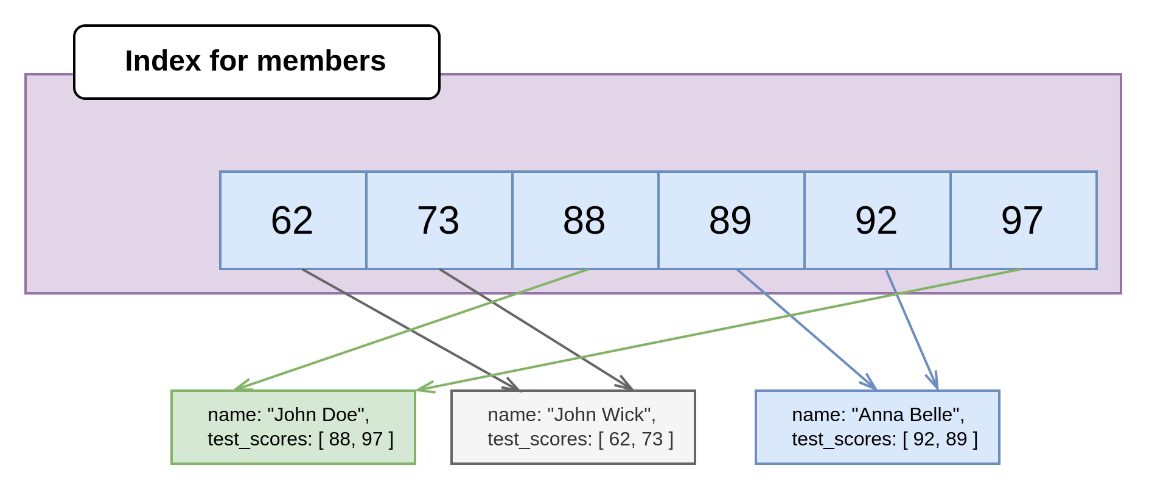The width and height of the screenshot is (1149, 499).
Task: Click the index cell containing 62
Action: (x=293, y=220)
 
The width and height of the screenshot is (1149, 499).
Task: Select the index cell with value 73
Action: (x=439, y=220)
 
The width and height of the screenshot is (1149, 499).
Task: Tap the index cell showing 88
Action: (x=585, y=220)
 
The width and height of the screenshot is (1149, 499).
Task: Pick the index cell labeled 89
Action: (x=731, y=220)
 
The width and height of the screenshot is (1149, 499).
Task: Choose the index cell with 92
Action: (x=877, y=220)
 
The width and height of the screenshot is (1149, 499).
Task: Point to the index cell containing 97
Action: (x=1023, y=220)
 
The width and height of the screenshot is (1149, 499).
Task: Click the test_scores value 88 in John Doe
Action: (x=340, y=439)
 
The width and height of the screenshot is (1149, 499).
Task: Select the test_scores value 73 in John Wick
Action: (x=651, y=439)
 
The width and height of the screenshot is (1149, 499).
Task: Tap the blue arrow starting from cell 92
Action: (x=912, y=329)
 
